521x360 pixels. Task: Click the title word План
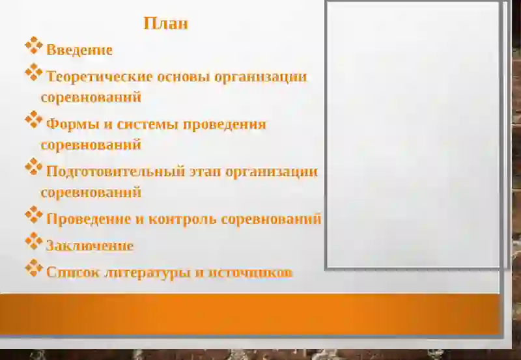[165, 24]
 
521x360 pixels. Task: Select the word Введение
[79, 50]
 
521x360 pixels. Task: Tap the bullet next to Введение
[34, 45]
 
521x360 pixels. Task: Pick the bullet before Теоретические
[34, 72]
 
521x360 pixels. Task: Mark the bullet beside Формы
[34, 119]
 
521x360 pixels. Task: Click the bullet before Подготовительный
[34, 167]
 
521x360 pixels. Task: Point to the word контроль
[182, 219]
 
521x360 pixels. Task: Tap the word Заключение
[90, 246]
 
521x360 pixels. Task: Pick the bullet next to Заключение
[34, 241]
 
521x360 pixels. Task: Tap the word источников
[250, 273]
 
